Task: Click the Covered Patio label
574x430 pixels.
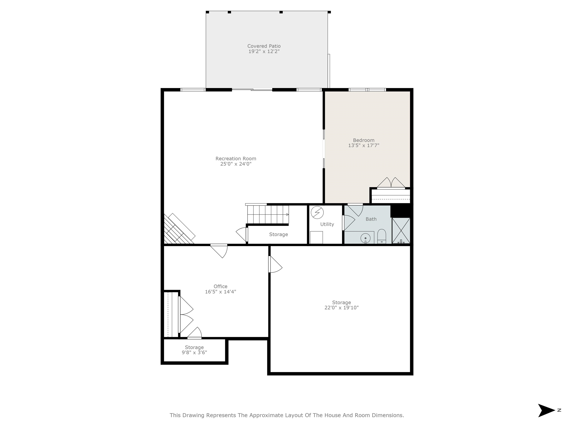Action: pyautogui.click(x=264, y=46)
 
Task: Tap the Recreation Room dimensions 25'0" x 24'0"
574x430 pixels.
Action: pyautogui.click(x=236, y=164)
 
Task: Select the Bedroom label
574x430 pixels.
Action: pyautogui.click(x=364, y=140)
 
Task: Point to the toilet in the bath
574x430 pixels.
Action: pyautogui.click(x=382, y=236)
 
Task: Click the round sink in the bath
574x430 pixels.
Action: pyautogui.click(x=365, y=238)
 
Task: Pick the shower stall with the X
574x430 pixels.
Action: pyautogui.click(x=401, y=231)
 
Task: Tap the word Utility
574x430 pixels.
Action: pyautogui.click(x=327, y=224)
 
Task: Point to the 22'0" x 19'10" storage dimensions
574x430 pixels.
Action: pyautogui.click(x=342, y=308)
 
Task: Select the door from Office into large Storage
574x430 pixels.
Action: pyautogui.click(x=275, y=264)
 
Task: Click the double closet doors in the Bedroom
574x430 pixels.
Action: pyautogui.click(x=391, y=183)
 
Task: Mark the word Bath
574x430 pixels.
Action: pyautogui.click(x=371, y=219)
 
